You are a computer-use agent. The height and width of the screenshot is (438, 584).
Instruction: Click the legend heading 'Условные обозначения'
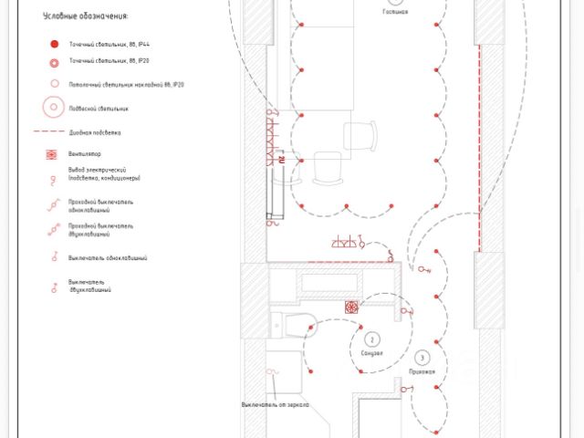click(85, 16)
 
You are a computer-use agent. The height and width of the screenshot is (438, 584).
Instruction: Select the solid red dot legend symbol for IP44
click(55, 44)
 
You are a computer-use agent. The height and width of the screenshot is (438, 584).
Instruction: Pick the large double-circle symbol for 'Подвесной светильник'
click(55, 108)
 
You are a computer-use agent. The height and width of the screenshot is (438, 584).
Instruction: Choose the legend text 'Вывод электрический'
click(101, 171)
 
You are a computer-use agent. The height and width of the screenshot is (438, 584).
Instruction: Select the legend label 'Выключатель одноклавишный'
click(107, 258)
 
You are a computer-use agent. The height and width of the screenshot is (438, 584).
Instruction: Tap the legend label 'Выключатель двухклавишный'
click(89, 286)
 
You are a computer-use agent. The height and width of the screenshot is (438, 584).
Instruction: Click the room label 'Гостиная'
click(395, 13)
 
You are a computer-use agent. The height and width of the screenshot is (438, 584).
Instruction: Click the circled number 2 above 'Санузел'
click(371, 339)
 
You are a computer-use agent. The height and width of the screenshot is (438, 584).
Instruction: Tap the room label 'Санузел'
click(371, 352)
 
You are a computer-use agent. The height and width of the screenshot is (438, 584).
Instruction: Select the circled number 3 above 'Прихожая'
click(422, 358)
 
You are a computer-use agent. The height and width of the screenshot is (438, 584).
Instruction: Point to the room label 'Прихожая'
click(422, 371)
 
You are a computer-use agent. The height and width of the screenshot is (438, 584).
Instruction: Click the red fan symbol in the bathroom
click(351, 308)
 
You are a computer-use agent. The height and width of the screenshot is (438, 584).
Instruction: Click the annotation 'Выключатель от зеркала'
click(275, 404)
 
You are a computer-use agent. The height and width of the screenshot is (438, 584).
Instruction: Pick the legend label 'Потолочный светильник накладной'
click(127, 84)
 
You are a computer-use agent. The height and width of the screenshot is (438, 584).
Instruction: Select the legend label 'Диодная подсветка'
click(95, 133)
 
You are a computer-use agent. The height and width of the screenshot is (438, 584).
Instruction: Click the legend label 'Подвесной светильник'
click(99, 109)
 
